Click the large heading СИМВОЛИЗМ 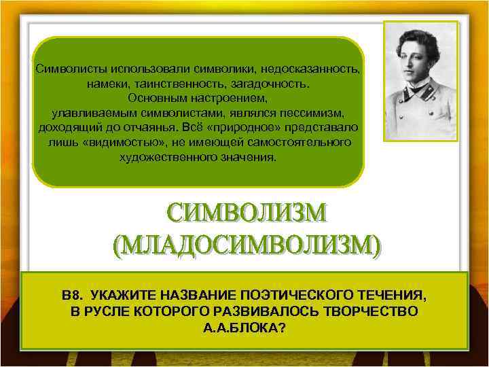click(247, 214)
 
